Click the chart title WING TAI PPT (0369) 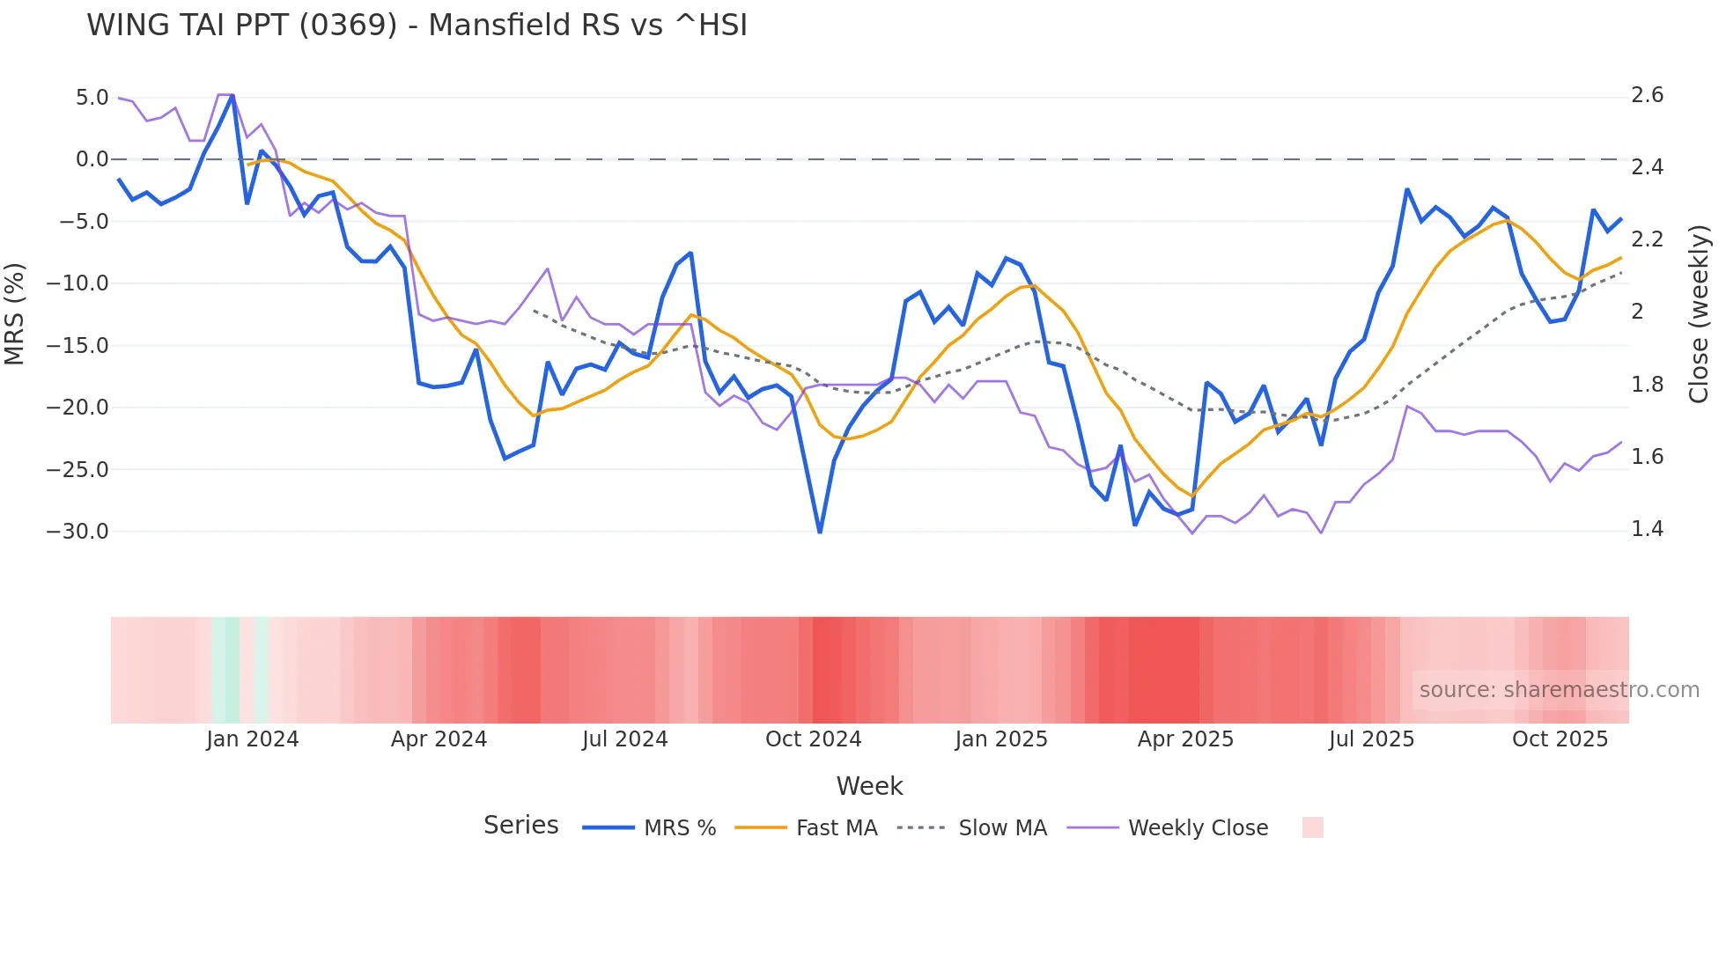[x=417, y=26]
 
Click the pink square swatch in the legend [x=1312, y=827]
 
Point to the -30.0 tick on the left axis [x=77, y=532]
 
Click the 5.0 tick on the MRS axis [x=92, y=98]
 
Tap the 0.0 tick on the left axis [x=92, y=159]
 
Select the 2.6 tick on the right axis [x=1647, y=95]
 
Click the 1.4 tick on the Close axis [x=1647, y=529]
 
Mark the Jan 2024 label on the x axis [x=253, y=739]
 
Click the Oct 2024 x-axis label [x=813, y=739]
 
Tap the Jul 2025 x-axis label [x=1371, y=739]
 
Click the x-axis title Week [x=869, y=786]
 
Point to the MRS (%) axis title [x=15, y=314]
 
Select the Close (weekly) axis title [x=1699, y=314]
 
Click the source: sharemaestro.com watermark [x=1559, y=690]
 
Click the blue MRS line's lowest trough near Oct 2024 [x=820, y=532]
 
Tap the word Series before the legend [x=520, y=826]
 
